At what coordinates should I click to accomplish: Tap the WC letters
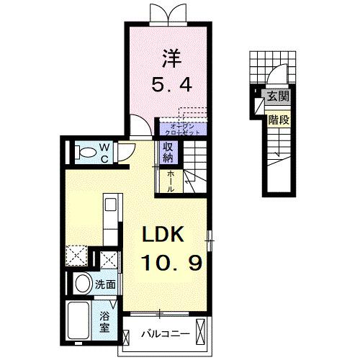coord(104,152)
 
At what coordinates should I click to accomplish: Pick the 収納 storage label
coord(168,152)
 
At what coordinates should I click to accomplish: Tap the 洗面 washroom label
coord(106,284)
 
